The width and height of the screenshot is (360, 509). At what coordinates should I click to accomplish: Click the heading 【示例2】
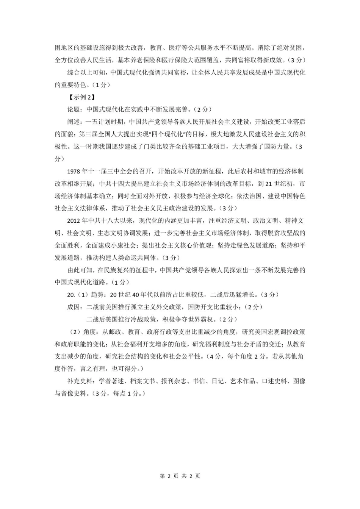[x=80, y=97]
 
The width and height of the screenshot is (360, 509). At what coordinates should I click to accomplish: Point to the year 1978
[x=75, y=171]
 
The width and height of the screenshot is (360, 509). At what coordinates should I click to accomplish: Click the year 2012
[x=75, y=220]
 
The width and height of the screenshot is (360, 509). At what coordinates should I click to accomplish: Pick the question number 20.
[x=71, y=295]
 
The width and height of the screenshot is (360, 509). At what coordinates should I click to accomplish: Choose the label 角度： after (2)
[x=92, y=332]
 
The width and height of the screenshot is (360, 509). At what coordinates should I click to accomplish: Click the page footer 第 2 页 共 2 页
[x=180, y=476]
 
